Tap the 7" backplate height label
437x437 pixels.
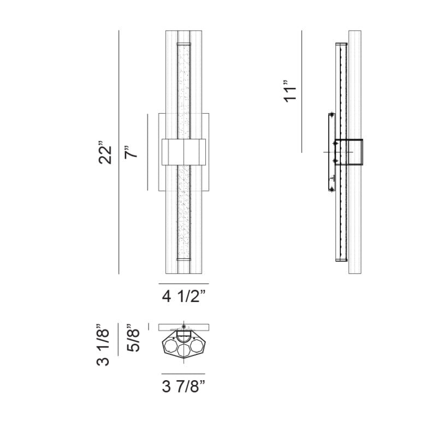point(131,152)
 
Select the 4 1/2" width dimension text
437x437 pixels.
point(184,296)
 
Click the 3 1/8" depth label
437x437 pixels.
point(103,345)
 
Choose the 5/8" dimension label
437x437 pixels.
point(133,338)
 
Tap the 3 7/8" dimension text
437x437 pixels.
point(184,387)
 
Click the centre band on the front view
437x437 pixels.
point(184,152)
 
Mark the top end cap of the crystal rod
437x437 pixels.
point(184,44)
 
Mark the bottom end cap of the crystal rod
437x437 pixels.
point(184,259)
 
